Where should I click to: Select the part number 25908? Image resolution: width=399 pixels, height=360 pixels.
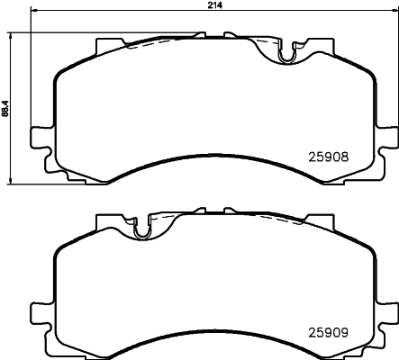pos(330,155)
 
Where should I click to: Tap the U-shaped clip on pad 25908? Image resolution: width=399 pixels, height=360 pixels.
pos(287,57)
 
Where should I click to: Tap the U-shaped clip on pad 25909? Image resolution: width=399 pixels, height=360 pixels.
pos(141,231)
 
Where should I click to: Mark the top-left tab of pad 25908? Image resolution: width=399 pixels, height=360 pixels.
pos(107,43)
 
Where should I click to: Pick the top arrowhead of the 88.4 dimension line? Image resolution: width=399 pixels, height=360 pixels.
pos(13,35)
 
